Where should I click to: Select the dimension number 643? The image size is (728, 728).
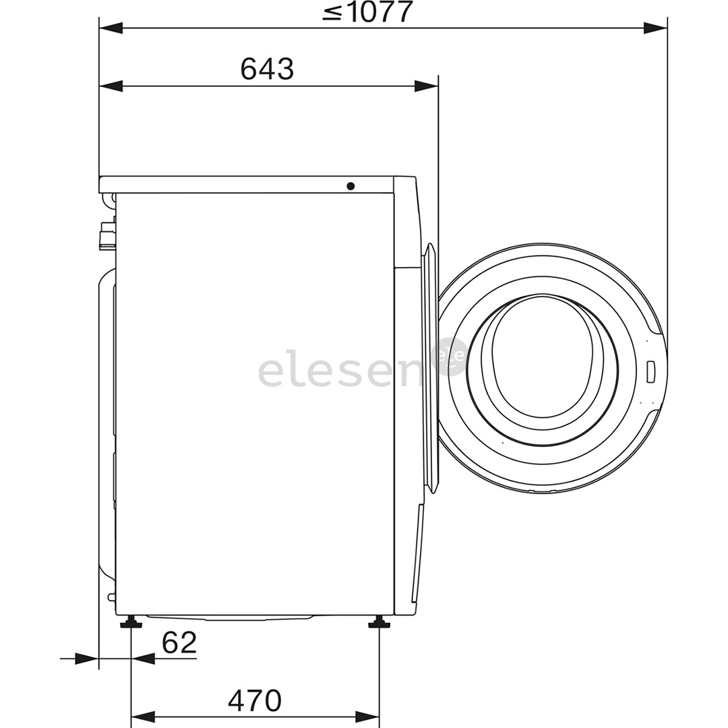tap(267, 69)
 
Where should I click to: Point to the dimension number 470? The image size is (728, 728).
tap(254, 701)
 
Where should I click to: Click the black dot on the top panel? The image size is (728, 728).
tap(351, 185)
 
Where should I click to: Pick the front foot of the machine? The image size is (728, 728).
tap(379, 622)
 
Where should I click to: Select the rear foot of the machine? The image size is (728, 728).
tap(131, 622)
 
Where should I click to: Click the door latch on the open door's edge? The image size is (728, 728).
tap(650, 371)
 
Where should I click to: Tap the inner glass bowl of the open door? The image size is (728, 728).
tap(543, 357)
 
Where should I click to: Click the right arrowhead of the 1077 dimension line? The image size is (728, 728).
tap(655, 28)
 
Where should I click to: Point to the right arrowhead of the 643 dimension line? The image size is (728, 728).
tap(426, 86)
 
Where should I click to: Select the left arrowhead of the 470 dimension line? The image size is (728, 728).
tap(142, 717)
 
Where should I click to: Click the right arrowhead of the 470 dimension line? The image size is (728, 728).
tap(367, 717)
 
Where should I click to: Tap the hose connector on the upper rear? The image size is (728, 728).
tap(106, 236)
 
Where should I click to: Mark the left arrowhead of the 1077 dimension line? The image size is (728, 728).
tap(111, 28)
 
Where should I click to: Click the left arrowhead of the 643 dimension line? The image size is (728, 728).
tap(111, 86)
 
